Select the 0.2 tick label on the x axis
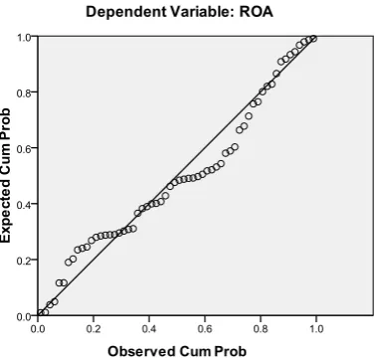coord(94,328)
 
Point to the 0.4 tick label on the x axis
coord(149,328)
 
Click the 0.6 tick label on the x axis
coord(205,328)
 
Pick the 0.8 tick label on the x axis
coord(261,328)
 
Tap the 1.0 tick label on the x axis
coord(316,328)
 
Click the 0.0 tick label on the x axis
coord(38,328)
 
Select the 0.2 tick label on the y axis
coord(24,260)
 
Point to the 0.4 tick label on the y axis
coord(24,204)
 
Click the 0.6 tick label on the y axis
coord(24,148)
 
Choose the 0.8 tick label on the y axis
coord(24,92)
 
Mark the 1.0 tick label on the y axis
coord(24,37)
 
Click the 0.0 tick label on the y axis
coord(24,317)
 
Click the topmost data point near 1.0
coord(313,39)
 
